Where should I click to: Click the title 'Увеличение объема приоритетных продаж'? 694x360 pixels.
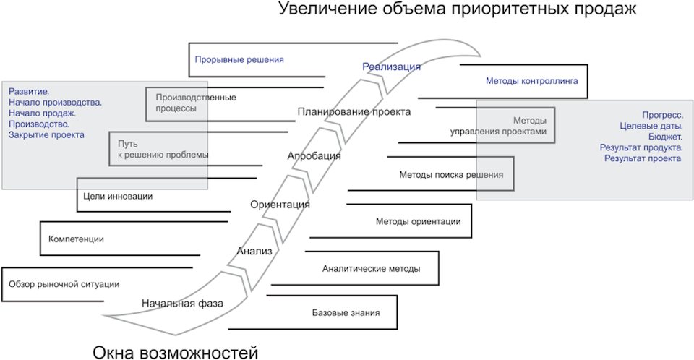[x=457, y=9]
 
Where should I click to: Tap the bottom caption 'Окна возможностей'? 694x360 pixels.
[x=175, y=353]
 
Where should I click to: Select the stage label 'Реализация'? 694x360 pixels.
[x=391, y=67]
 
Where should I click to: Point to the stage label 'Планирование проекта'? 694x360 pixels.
[x=354, y=111]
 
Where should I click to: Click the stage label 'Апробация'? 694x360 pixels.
[x=314, y=156]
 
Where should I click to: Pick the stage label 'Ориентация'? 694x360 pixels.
[x=280, y=205]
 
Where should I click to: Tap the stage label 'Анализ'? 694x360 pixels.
[x=254, y=251]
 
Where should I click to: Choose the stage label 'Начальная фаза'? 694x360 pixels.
[x=182, y=304]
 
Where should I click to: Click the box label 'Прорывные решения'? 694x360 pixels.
[x=239, y=60]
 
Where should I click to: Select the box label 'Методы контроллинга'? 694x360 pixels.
[x=532, y=81]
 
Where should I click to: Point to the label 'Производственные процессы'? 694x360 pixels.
[x=196, y=103]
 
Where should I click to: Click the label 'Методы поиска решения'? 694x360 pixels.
[x=451, y=175]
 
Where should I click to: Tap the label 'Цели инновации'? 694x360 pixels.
[x=118, y=196]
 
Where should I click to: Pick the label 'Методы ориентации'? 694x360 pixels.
[x=419, y=221]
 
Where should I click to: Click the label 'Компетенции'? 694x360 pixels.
[x=76, y=239]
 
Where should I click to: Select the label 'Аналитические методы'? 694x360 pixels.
[x=372, y=269]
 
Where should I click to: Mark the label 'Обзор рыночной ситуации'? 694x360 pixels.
[x=64, y=284]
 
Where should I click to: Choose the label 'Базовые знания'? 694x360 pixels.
[x=346, y=313]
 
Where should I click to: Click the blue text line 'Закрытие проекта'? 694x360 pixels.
[x=46, y=135]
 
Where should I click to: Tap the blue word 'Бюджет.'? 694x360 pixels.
[x=665, y=137]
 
